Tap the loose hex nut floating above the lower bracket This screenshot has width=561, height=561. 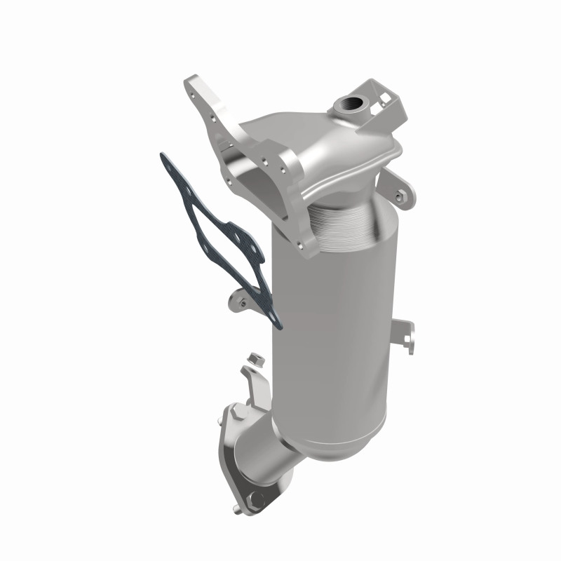coord(256,359)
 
